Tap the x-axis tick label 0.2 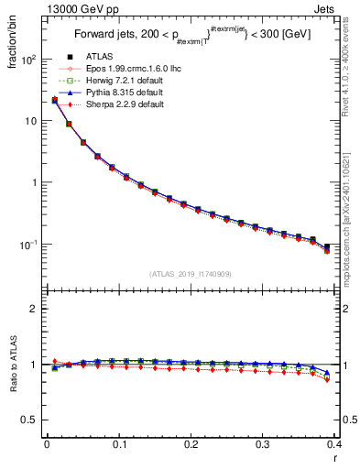click(x=191, y=444)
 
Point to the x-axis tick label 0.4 click(x=336, y=444)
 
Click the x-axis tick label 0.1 click(x=119, y=444)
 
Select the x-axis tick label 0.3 click(x=264, y=444)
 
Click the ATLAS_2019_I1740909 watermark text click(x=191, y=274)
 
